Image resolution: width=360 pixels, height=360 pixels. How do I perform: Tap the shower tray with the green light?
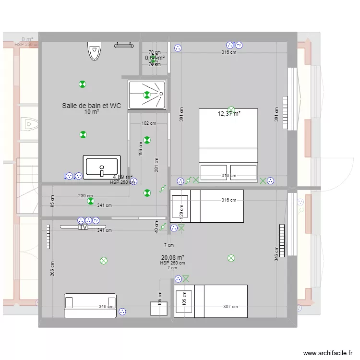147,95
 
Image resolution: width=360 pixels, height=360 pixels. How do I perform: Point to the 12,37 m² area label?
229,114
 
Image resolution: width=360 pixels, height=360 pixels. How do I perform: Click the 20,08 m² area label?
173,258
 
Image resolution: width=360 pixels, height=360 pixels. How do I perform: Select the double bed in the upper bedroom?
228,145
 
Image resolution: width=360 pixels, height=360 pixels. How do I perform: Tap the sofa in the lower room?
90,306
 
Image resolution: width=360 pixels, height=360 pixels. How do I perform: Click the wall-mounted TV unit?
83,227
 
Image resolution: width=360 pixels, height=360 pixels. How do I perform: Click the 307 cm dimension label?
230,307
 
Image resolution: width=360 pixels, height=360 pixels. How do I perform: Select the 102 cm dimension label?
149,123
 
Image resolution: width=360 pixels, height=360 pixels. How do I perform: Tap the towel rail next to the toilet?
123,45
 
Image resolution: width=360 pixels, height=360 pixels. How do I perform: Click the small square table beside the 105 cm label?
158,309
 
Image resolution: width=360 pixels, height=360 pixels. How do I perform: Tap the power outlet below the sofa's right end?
122,312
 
